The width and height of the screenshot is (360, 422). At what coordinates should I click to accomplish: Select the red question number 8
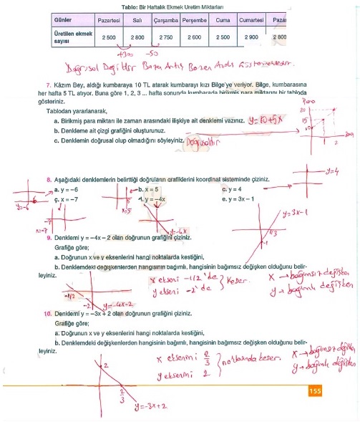[x=47, y=181]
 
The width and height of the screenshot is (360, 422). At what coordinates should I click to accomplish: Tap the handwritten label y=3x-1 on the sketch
[x=294, y=213]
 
